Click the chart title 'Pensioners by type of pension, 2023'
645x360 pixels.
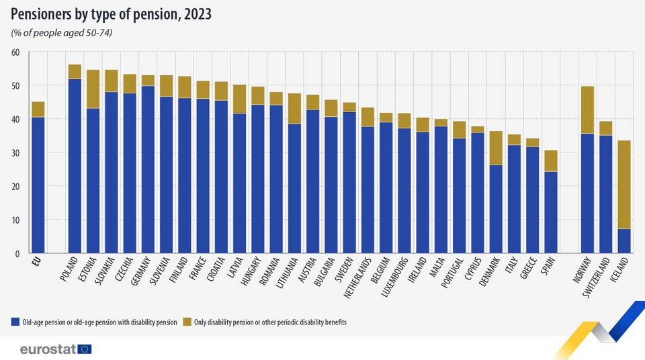[112, 14]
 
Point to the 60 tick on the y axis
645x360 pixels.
[16, 52]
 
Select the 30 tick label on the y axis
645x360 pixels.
[16, 153]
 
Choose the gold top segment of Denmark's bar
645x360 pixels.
[496, 148]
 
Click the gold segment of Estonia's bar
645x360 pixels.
[93, 89]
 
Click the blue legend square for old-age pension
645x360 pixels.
[14, 323]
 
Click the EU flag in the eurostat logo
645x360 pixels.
[85, 349]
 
